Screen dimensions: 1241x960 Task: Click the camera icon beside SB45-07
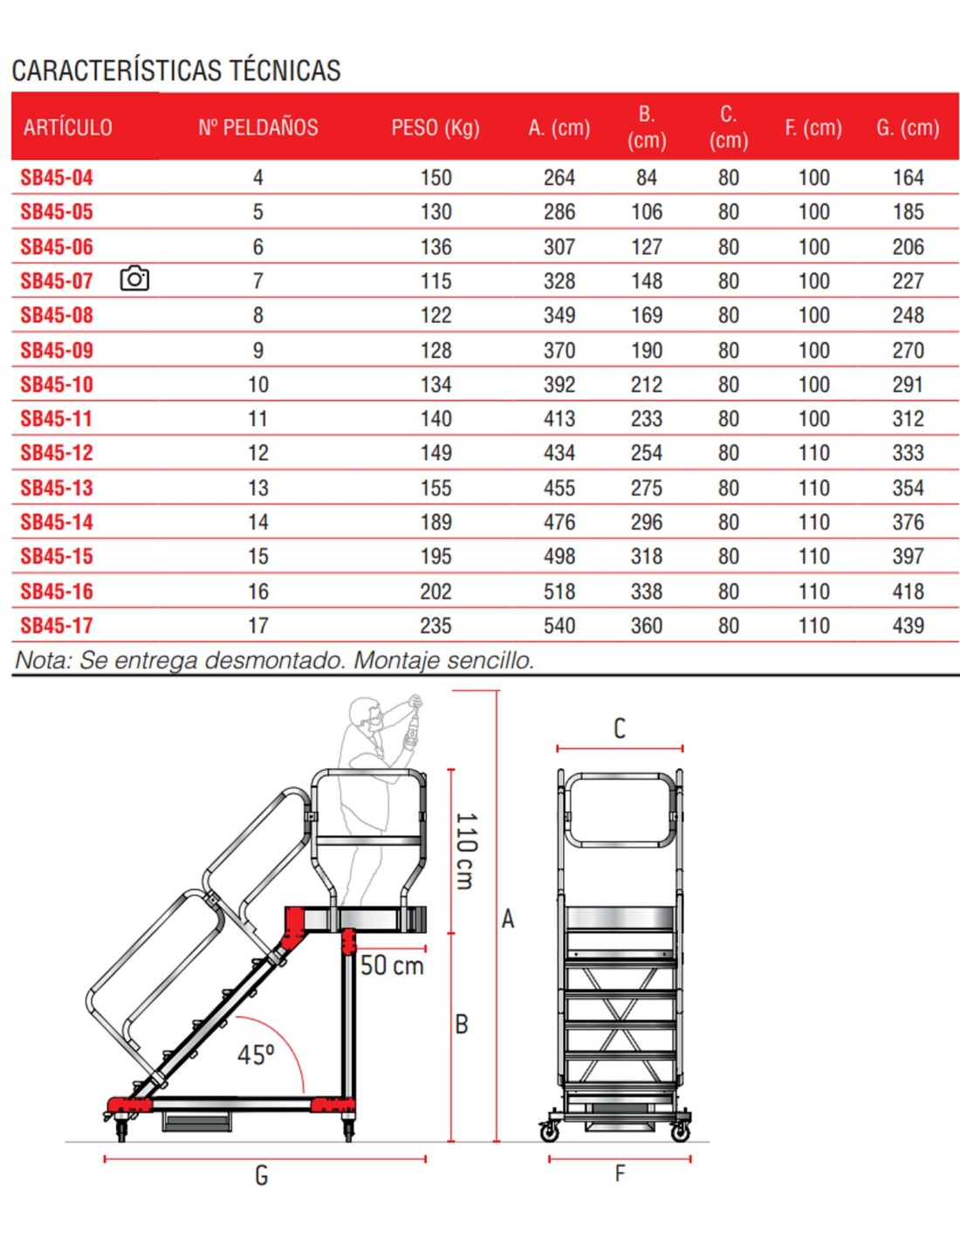pos(134,279)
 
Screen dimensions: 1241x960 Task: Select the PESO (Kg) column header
pos(435,127)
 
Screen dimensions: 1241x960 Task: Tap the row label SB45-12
pos(57,453)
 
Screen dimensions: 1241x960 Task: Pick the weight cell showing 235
pos(435,626)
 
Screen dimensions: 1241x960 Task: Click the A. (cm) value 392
pos(559,385)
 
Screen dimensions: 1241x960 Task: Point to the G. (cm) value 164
pos(908,178)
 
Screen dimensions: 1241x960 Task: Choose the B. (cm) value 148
pos(647,281)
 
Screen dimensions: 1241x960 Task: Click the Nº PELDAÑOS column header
pos(257,127)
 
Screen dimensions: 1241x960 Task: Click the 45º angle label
pos(256,1054)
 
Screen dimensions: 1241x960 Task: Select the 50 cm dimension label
pos(392,965)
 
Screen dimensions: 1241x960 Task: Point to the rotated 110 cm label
pos(466,851)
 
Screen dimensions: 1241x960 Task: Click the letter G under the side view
pos(261,1176)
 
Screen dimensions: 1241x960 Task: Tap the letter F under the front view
pos(620,1174)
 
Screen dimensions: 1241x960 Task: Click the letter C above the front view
pos(620,728)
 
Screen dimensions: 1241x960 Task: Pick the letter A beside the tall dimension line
pos(508,918)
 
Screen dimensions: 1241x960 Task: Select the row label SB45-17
pos(57,626)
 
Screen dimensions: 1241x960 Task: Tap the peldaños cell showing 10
pos(258,385)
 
